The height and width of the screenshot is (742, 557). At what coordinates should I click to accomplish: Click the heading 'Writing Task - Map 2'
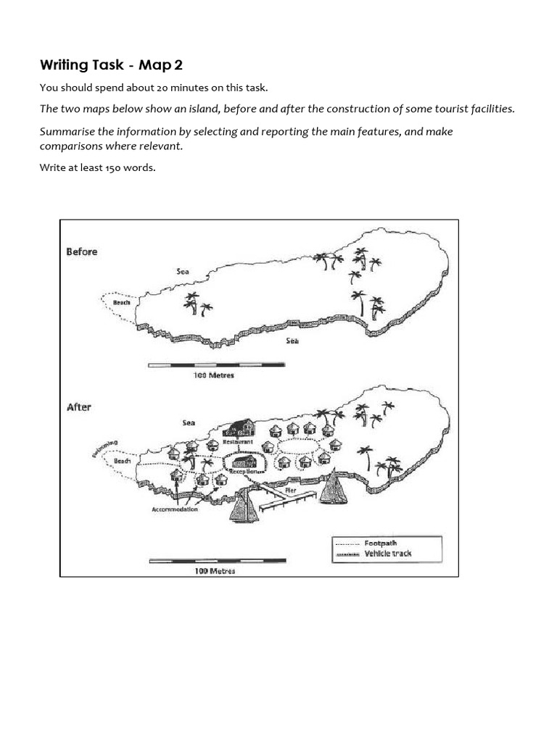111,65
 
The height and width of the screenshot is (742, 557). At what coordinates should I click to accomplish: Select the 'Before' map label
81,251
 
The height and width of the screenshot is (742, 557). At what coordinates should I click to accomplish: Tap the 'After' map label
78,407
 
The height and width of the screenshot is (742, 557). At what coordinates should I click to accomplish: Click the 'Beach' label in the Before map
121,302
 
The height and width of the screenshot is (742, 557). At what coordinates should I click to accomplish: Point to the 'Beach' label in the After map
123,460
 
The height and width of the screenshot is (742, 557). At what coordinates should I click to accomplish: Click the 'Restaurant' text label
238,441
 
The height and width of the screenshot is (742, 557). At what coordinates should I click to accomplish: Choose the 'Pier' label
290,490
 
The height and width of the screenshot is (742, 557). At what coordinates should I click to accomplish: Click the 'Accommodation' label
174,509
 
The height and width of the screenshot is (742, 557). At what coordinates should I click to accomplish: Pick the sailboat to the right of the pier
333,487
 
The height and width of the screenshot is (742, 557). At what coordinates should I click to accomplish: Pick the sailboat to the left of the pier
243,507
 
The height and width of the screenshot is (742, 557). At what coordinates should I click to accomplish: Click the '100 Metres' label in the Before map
213,376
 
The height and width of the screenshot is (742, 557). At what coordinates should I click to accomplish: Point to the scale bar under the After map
217,560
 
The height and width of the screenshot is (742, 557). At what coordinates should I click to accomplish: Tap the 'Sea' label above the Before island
183,270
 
